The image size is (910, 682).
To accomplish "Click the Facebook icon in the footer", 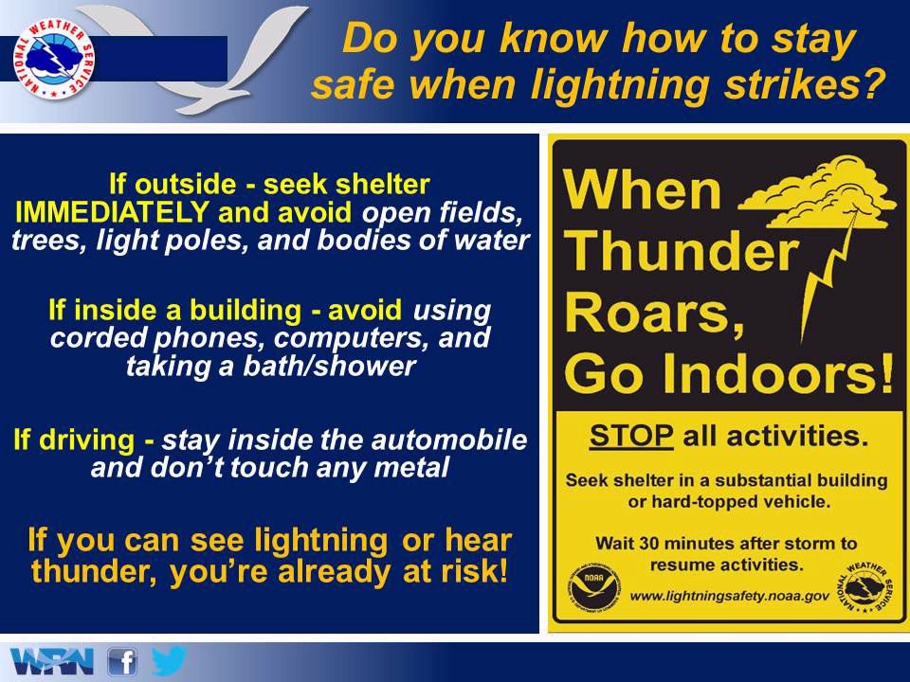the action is [122, 662].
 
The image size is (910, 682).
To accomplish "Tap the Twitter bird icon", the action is [169, 660].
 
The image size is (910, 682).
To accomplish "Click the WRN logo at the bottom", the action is [51, 662].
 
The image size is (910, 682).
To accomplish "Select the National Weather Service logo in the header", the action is [54, 59].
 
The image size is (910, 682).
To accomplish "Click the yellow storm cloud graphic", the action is [817, 191].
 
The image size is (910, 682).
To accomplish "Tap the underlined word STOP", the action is [631, 436].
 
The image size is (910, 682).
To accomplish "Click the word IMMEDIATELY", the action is [112, 212].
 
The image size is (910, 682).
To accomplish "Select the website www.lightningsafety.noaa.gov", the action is [730, 596].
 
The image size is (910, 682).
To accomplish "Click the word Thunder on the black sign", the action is [681, 250].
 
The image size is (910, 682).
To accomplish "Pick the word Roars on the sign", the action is [654, 312].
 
